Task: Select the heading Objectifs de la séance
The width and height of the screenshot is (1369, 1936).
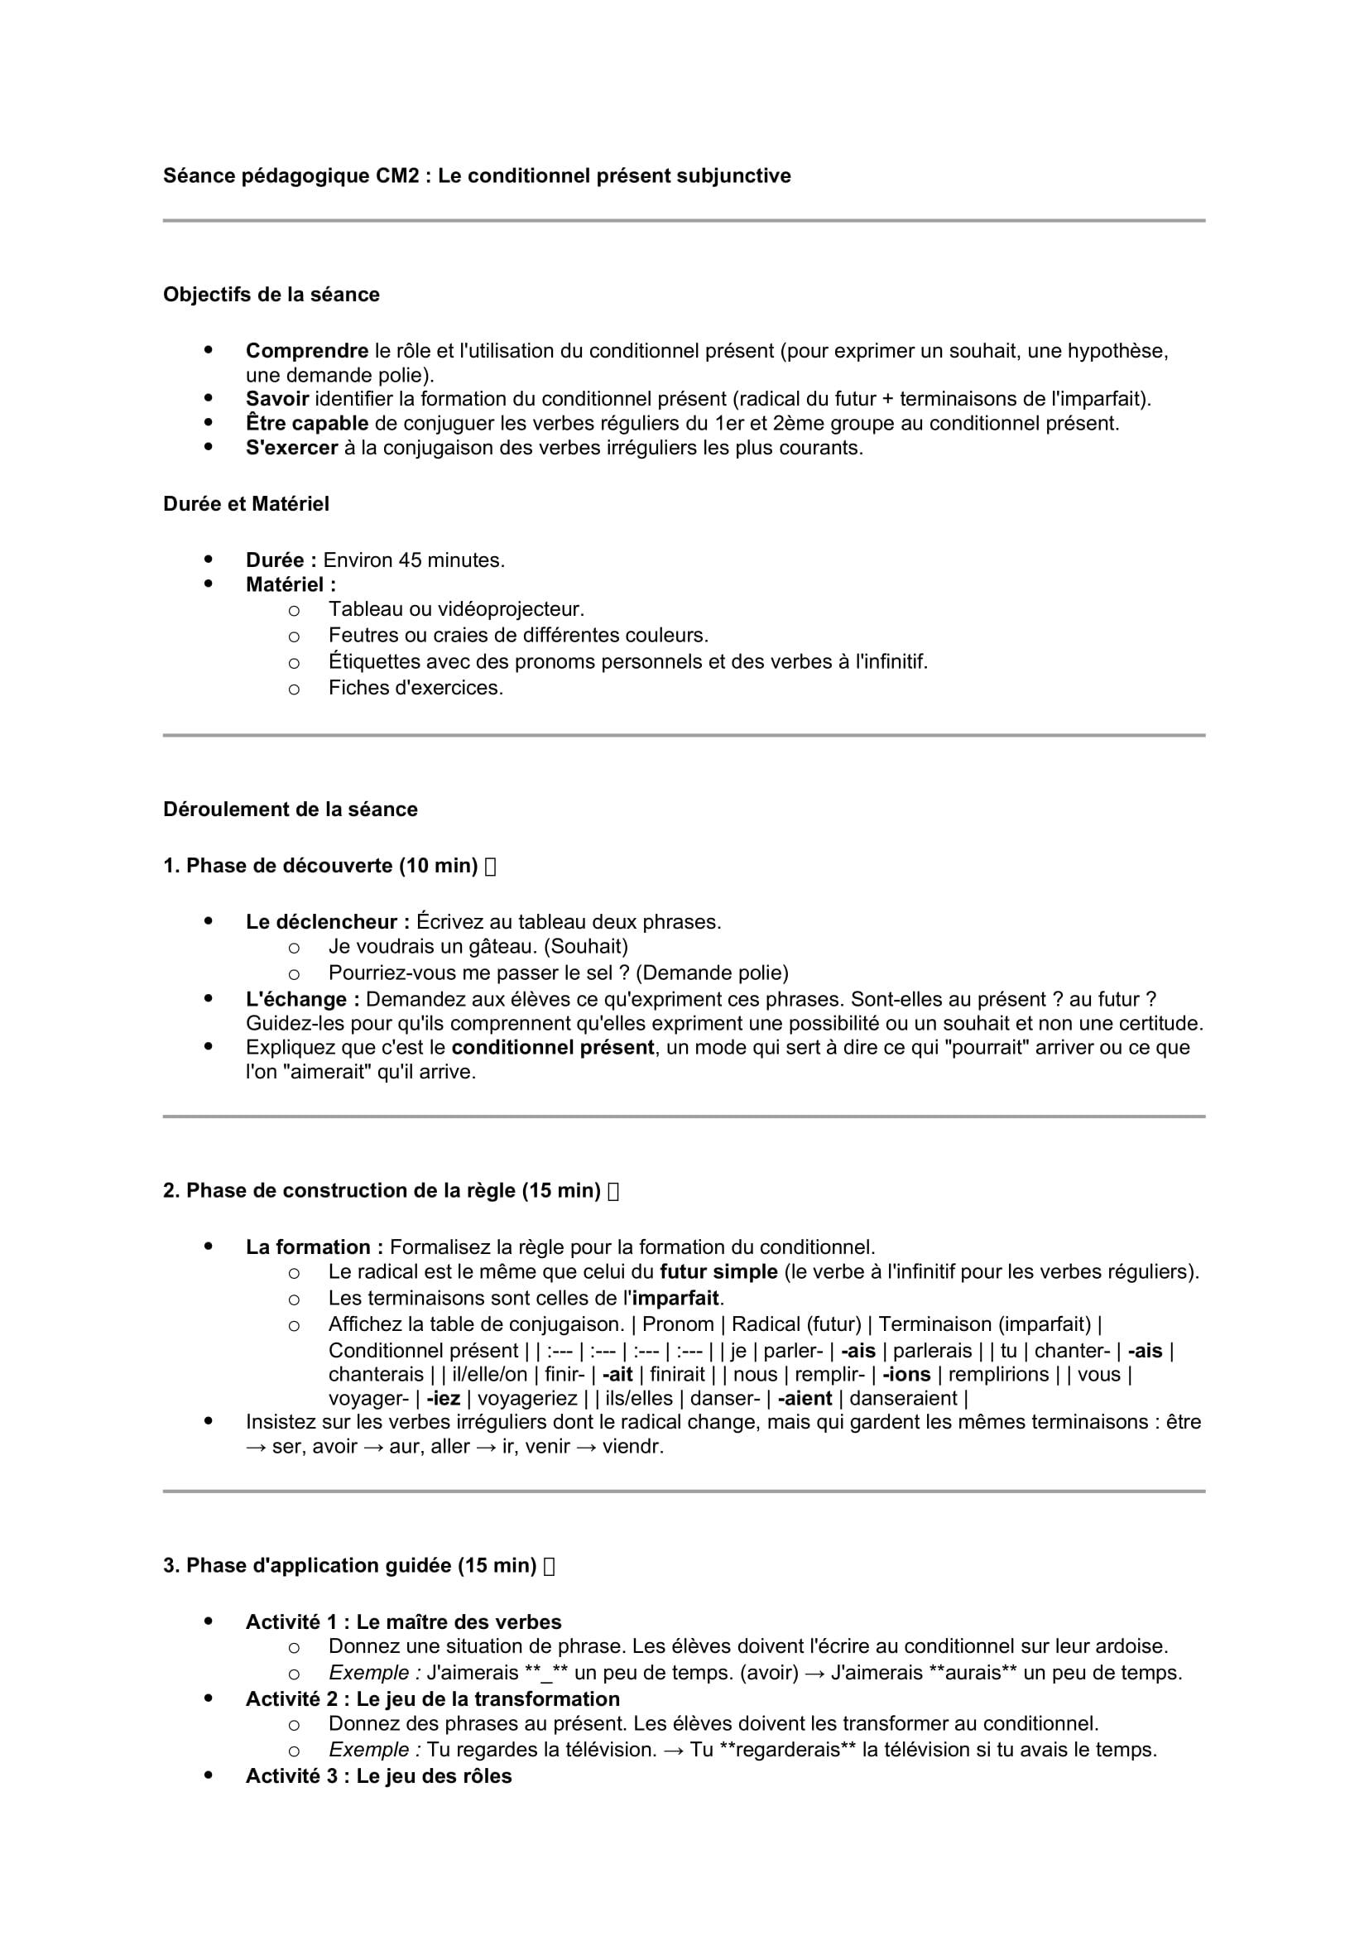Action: coord(271,295)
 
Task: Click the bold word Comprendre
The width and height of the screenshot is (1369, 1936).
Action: coord(307,352)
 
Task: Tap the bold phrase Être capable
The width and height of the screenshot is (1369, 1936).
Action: coord(307,424)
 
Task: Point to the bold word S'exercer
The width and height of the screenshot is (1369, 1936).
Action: coord(291,449)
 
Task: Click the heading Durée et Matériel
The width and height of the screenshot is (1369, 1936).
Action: coord(245,504)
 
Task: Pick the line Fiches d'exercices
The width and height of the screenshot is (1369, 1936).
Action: coord(416,688)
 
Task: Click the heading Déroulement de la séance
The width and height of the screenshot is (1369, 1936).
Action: coord(290,810)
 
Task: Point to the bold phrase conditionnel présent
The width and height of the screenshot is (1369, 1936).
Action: coord(552,1048)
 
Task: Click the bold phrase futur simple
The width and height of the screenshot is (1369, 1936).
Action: coord(718,1271)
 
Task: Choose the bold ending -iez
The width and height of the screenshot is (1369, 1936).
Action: coord(444,1398)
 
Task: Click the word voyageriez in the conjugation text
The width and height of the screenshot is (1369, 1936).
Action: coord(528,1398)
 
